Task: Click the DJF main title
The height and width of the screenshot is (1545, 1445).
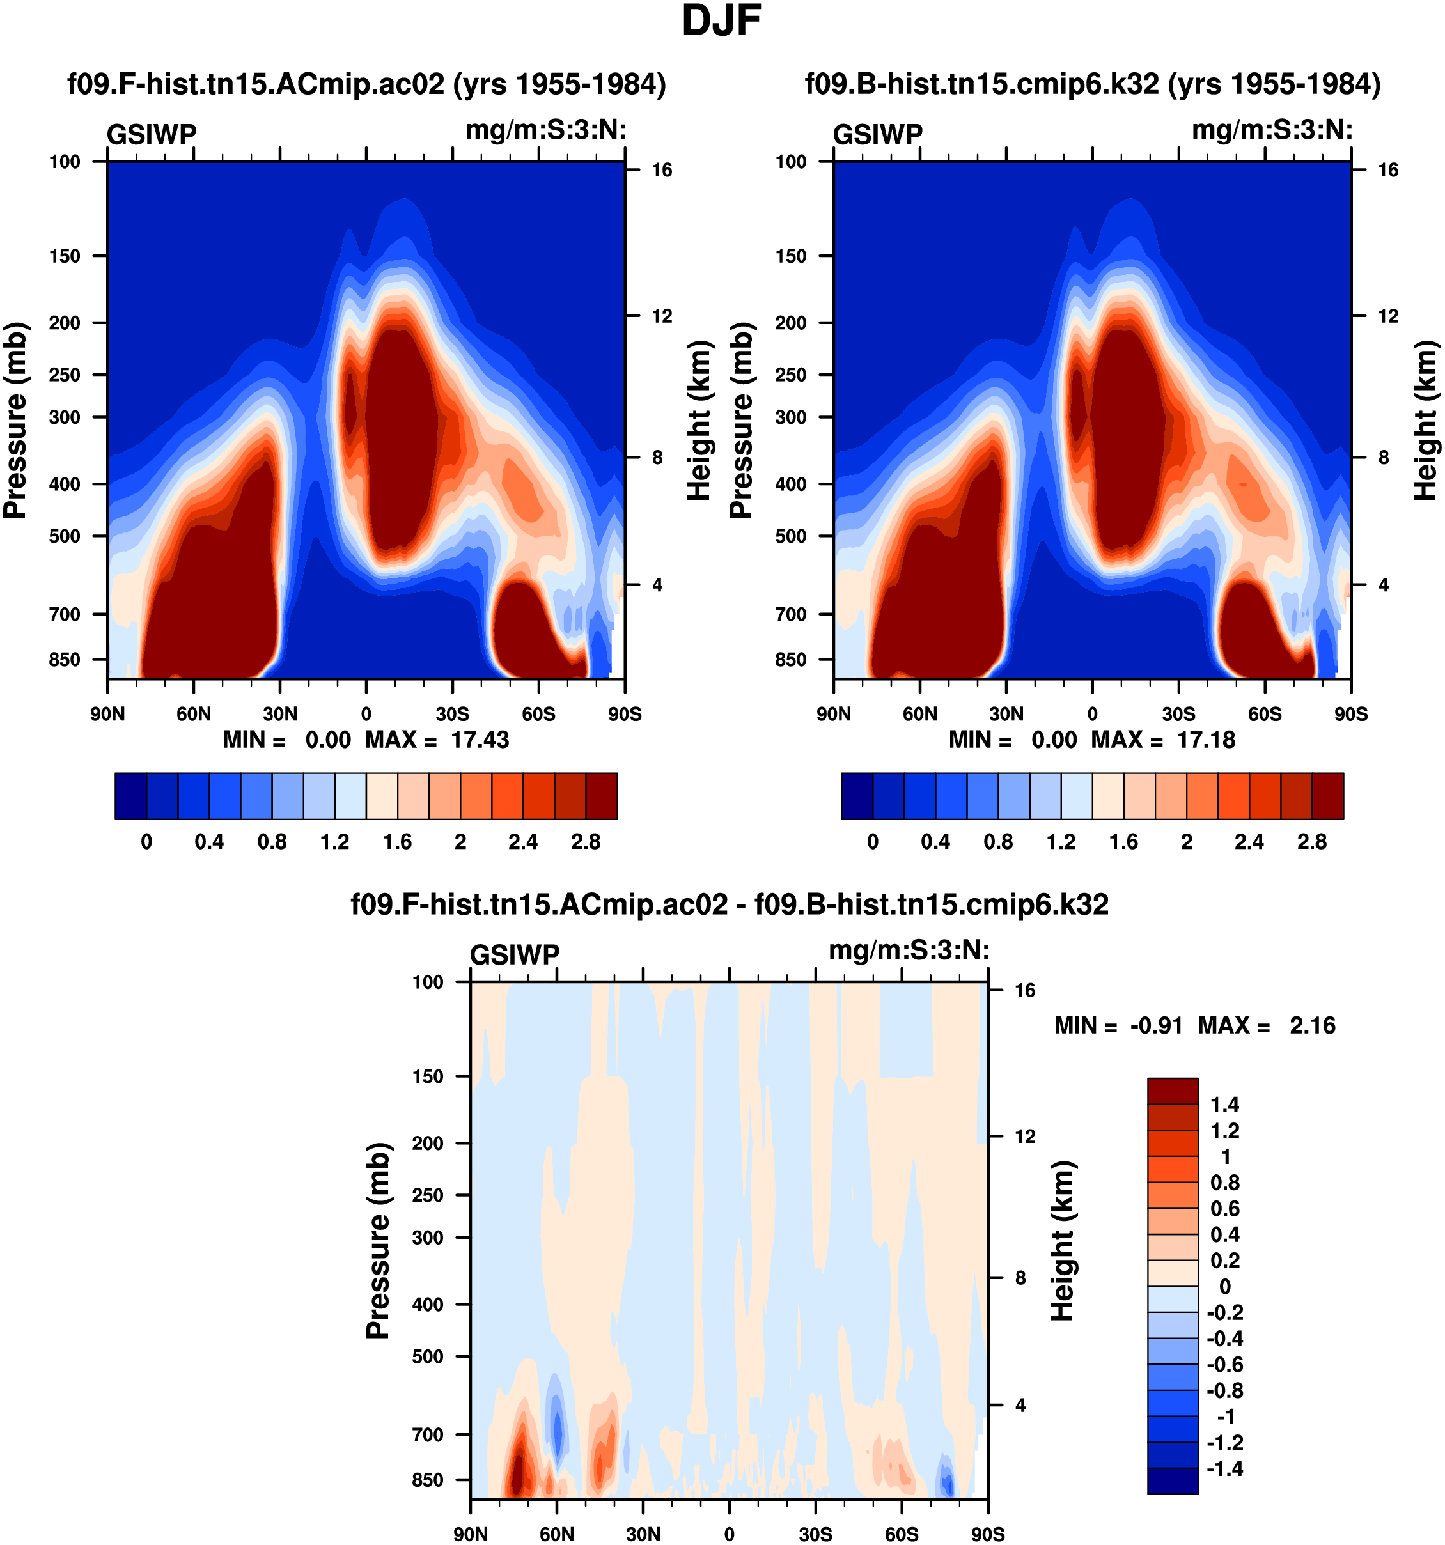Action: tap(721, 22)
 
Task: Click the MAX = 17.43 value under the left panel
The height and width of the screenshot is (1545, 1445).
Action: tap(437, 740)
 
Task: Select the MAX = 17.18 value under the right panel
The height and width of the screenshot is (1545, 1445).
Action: tap(1164, 740)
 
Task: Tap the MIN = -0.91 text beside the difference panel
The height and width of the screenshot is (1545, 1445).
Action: tap(1118, 1026)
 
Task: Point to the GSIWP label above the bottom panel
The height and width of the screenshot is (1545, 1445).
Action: tap(515, 954)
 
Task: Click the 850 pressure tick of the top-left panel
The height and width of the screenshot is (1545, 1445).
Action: tap(65, 660)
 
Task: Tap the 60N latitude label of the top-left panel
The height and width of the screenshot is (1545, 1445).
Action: tap(194, 714)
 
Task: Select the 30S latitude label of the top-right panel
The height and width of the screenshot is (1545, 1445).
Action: tap(1178, 714)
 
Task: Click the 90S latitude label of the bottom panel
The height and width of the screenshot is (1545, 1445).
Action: tap(988, 1534)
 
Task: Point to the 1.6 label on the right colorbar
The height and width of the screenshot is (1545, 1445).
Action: tap(1124, 842)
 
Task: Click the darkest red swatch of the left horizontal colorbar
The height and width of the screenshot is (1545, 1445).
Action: tap(602, 796)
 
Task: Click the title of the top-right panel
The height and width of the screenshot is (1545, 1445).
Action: tap(1093, 84)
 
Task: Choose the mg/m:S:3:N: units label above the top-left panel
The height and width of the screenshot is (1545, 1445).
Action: tap(545, 130)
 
